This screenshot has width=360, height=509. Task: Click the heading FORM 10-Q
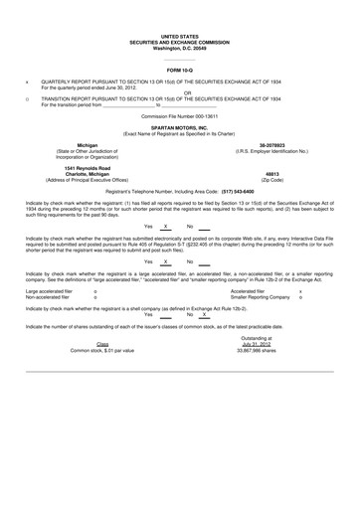(180, 72)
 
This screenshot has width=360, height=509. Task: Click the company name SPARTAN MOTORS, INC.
(180, 129)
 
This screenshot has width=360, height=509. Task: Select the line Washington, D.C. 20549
(180, 48)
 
